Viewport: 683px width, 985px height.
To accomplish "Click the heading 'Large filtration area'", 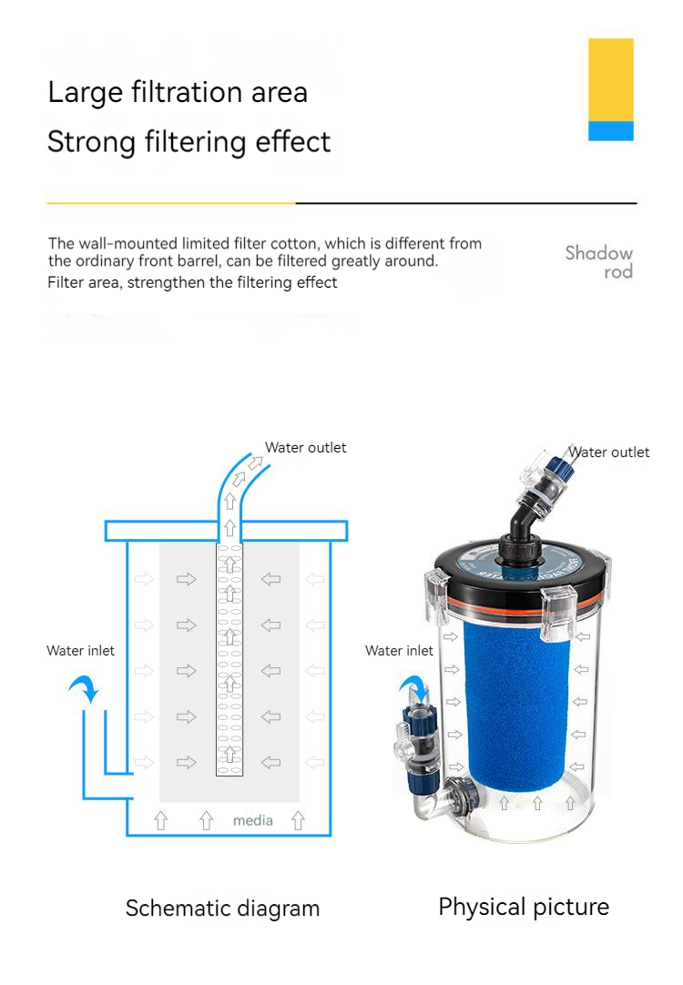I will pos(178,92).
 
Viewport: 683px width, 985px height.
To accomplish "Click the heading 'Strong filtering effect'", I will pos(189,142).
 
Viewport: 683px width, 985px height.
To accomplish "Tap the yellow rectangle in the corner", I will pos(610,79).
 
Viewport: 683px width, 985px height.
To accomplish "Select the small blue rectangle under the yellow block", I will pos(610,131).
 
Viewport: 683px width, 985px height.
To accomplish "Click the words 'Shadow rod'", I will pos(599,262).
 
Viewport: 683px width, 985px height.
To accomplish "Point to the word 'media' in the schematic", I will pos(252,820).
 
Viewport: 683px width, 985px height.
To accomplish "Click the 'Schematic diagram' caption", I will pos(222,908).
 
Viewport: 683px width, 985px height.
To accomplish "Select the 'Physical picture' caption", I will pos(524,907).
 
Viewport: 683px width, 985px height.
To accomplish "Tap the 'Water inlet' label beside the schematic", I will pos(80,651).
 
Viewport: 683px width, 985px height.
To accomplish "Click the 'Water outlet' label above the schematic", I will pos(305,448).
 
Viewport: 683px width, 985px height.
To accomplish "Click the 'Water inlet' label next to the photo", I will pos(399,651).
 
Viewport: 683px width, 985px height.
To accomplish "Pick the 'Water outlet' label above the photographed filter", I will pos(609,452).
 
